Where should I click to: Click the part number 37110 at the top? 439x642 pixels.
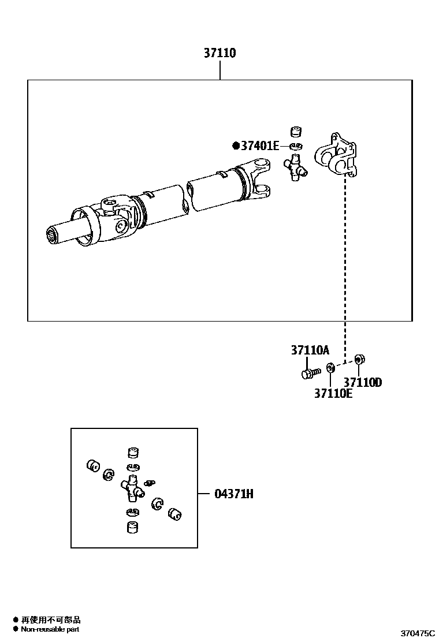click(219, 54)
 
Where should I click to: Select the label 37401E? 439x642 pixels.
click(259, 146)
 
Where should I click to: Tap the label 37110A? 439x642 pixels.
click(310, 350)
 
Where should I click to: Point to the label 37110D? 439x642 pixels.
click(363, 382)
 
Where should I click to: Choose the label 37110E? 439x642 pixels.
click(333, 394)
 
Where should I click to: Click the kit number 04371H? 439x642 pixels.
click(234, 494)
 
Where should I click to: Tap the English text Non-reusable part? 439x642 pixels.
click(50, 629)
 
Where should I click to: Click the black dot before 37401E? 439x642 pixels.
click(235, 146)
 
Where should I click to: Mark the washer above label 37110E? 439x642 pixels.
click(330, 367)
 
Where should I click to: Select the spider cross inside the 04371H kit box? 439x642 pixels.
click(132, 488)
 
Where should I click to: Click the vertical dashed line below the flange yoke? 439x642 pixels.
click(345, 266)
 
